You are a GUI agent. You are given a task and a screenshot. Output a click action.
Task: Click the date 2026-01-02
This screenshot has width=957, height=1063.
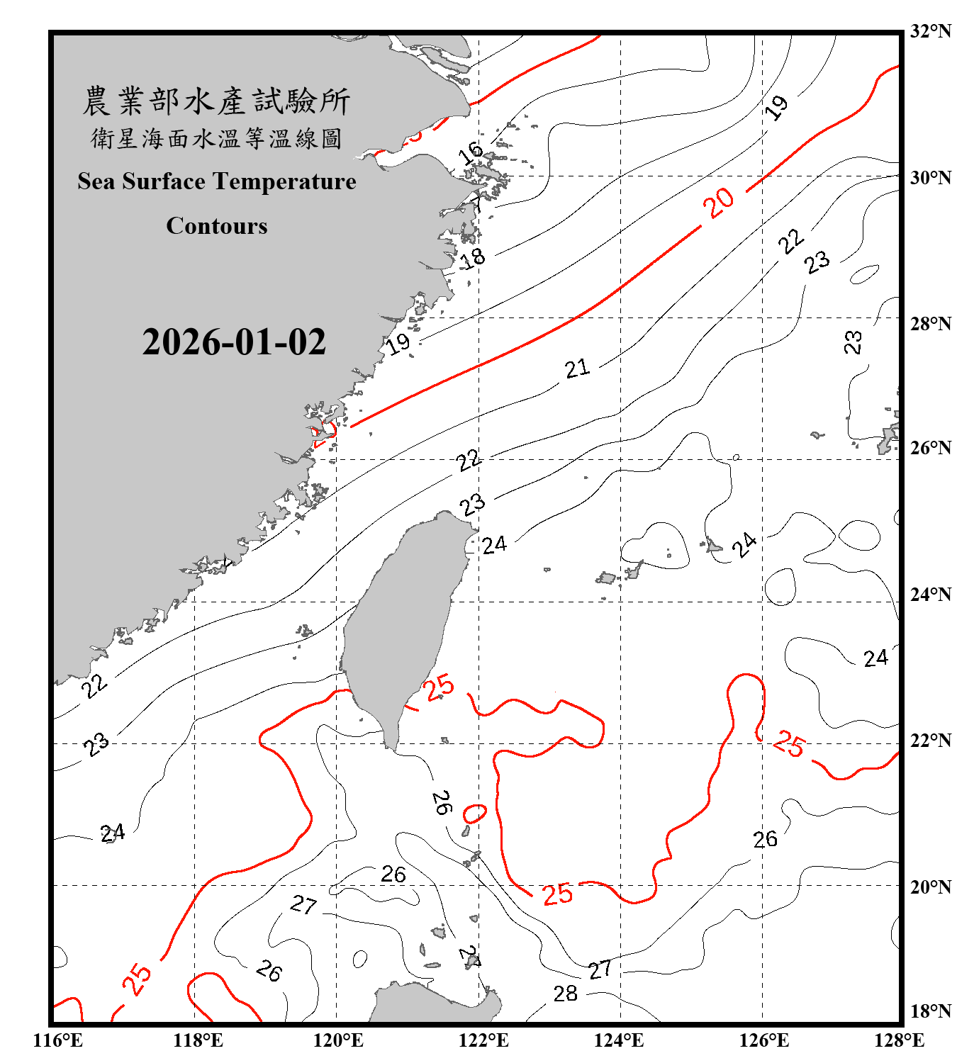[234, 342]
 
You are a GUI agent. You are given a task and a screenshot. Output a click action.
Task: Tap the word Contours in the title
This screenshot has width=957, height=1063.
[217, 226]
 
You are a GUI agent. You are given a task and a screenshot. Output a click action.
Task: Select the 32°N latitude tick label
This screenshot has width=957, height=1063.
[930, 31]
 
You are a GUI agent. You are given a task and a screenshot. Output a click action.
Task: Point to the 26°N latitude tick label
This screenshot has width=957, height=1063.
[930, 448]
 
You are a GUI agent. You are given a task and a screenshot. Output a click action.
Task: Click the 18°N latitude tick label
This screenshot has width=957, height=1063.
[930, 1011]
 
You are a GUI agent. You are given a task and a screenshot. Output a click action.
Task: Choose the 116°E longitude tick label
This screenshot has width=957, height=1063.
[58, 1040]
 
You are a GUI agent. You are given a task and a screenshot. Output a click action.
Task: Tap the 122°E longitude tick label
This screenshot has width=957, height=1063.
[483, 1040]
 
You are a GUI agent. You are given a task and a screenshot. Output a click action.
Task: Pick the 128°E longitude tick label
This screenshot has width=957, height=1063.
[899, 1040]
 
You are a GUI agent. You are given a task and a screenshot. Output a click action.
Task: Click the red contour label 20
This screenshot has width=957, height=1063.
[719, 203]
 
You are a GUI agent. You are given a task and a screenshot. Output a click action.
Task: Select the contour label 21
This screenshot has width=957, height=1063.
[577, 368]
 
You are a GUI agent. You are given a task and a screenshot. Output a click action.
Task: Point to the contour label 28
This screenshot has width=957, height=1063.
[565, 994]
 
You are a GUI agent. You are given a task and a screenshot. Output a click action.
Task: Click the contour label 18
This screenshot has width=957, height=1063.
[473, 258]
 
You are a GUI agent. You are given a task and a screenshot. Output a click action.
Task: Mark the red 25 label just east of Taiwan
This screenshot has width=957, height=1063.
[439, 687]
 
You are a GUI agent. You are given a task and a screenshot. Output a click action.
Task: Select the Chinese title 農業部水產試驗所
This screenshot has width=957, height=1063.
[216, 101]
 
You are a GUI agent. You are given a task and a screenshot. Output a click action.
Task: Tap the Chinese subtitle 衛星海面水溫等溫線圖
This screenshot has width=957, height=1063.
[216, 138]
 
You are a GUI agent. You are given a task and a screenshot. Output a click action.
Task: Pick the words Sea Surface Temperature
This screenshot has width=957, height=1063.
[217, 181]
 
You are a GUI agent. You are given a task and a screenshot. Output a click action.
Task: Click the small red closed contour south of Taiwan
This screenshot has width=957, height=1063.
[474, 814]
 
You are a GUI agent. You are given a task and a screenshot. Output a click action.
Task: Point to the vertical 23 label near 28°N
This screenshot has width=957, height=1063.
[853, 342]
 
